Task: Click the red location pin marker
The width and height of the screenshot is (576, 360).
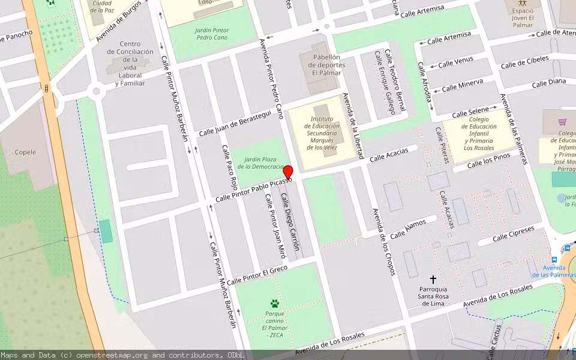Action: click(x=288, y=172)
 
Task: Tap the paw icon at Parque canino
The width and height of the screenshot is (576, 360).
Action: click(x=274, y=304)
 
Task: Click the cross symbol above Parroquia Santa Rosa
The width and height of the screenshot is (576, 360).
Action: click(x=433, y=280)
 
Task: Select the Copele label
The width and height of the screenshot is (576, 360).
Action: click(x=25, y=152)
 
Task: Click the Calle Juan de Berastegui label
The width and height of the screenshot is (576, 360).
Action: click(x=235, y=124)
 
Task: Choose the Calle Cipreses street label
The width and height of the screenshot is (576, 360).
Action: click(x=513, y=234)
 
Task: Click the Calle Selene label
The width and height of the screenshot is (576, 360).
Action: click(x=470, y=113)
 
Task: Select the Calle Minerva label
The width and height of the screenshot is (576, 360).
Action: click(x=462, y=86)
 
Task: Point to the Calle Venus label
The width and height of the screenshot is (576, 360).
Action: click(x=455, y=62)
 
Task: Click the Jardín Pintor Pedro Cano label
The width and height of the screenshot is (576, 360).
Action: click(x=212, y=32)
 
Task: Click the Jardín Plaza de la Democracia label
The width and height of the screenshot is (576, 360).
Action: click(x=260, y=163)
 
